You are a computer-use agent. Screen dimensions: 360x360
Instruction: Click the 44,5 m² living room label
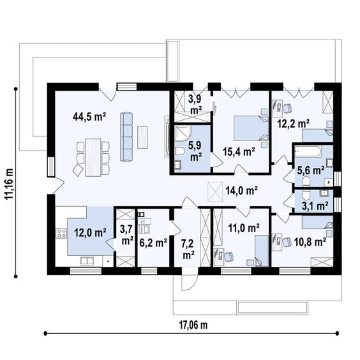tap(89, 117)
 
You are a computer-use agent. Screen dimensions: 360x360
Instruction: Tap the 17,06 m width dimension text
tap(193, 325)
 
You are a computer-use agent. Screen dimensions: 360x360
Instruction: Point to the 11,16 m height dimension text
tap(10, 184)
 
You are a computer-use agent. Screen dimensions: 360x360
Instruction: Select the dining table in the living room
tap(93, 158)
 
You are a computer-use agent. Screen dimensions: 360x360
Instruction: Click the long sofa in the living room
tap(126, 137)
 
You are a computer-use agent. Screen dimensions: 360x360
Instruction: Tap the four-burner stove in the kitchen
tap(61, 233)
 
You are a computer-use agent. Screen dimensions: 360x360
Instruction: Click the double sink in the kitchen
tap(87, 261)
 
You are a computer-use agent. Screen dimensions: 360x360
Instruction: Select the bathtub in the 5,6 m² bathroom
tap(308, 151)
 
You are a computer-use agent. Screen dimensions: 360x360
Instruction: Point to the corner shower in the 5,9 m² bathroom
tap(182, 133)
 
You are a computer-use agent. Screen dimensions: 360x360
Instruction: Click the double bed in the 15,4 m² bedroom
tap(251, 128)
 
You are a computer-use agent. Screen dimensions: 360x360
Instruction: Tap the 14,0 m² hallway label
tap(241, 190)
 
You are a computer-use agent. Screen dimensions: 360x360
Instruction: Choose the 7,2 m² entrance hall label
tap(188, 249)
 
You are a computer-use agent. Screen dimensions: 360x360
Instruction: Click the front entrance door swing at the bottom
tap(190, 282)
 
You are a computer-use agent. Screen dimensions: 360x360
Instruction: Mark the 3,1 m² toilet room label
tap(315, 206)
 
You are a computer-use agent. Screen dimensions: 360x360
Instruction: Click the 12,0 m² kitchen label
tap(90, 232)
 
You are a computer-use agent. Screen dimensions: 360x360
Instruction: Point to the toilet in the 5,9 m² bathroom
tap(180, 151)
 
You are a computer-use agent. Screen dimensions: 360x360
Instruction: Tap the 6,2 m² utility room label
tap(153, 243)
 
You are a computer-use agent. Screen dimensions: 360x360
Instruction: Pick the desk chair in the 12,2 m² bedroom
tap(287, 108)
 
